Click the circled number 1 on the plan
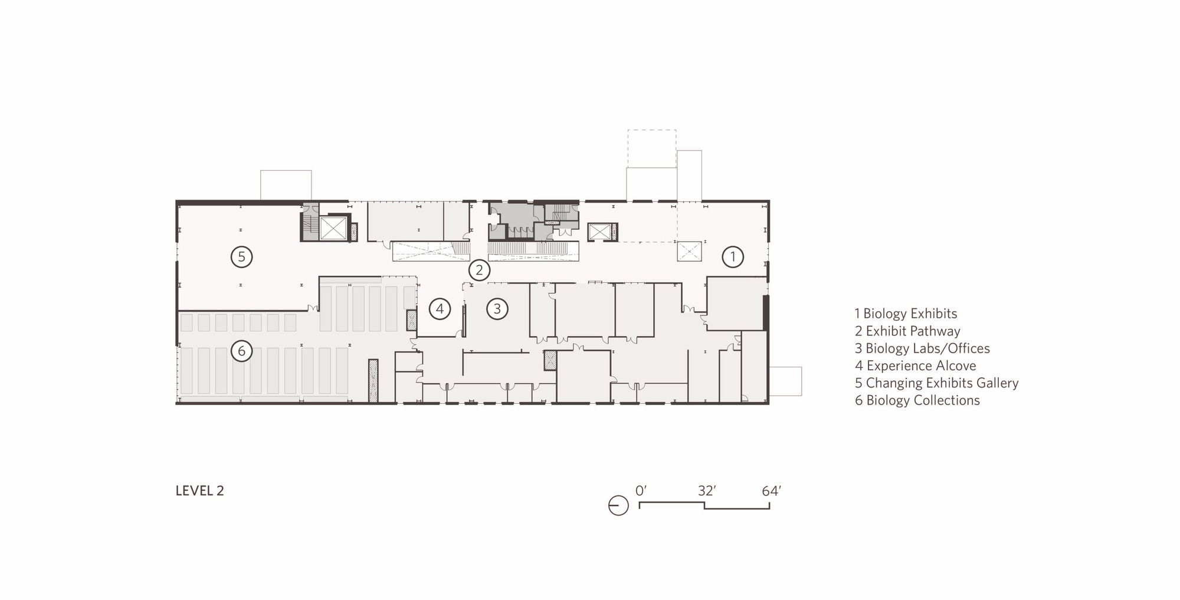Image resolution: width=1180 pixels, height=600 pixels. point(733,257)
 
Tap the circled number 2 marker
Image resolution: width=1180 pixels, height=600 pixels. point(479,270)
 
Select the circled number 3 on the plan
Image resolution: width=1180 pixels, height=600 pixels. point(497,308)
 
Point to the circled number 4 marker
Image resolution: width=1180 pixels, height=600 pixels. point(440,308)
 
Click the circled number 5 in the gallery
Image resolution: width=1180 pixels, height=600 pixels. point(241,257)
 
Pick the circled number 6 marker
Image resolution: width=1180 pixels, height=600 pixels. point(241,351)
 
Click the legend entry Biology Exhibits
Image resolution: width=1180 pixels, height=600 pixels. point(906,314)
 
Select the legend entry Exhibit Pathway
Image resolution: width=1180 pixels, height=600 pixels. point(907,331)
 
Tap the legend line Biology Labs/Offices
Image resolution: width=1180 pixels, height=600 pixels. point(922,348)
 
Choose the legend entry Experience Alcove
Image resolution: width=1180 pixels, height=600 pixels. point(915,366)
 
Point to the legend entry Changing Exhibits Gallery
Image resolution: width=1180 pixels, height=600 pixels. point(936,383)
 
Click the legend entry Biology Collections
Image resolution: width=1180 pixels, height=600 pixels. point(917,400)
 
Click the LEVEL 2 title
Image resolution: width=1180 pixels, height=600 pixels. point(199,491)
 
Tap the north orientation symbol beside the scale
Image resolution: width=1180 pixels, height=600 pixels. point(618,506)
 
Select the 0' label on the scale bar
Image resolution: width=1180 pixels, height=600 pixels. point(641,491)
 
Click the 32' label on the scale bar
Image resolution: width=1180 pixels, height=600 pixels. point(707,491)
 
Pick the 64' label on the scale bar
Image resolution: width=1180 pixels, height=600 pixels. point(771,491)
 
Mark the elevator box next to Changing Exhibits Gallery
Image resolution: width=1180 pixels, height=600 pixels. point(333,229)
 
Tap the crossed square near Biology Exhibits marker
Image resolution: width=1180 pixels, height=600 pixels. point(689,252)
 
